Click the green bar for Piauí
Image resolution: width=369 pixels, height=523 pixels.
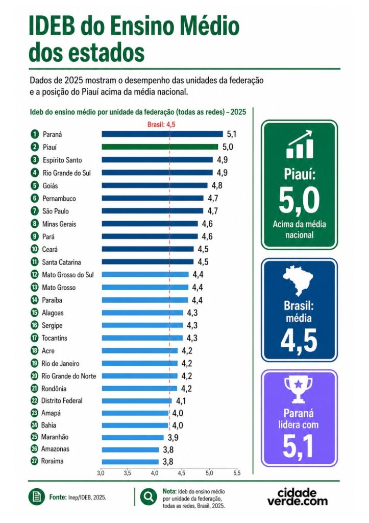(x=160, y=147)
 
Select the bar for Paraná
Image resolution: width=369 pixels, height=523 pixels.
(x=162, y=134)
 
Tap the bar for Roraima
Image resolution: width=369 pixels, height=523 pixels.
(x=130, y=462)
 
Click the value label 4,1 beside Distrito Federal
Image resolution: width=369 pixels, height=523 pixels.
(x=181, y=401)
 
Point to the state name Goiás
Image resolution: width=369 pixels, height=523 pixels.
(x=51, y=186)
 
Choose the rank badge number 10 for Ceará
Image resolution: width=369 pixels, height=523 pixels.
(x=35, y=249)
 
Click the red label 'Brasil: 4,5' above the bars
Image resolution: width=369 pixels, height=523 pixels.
(x=161, y=125)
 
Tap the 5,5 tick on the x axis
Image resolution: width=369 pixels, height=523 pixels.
(x=236, y=473)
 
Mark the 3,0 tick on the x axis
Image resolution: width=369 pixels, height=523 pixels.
(x=101, y=473)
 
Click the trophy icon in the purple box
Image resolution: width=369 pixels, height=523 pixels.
(x=299, y=389)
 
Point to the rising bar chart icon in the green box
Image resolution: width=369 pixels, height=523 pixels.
(x=300, y=144)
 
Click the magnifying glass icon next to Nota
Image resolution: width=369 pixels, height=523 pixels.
(x=149, y=497)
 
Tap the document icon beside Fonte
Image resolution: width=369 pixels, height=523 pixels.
(x=36, y=497)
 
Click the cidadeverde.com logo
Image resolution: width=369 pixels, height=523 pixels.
(x=298, y=497)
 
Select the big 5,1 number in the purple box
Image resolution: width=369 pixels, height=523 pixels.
(x=299, y=446)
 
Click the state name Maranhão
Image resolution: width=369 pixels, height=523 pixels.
(x=55, y=437)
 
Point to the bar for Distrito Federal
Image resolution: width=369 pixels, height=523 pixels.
(x=137, y=401)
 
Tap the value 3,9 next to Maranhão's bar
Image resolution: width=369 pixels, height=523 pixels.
(x=173, y=438)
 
